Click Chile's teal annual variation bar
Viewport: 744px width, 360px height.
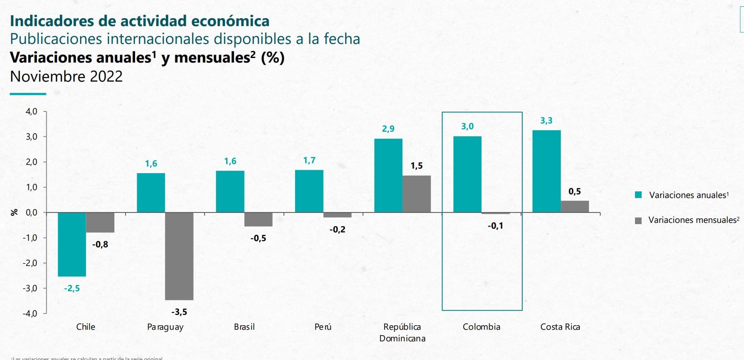click(x=72, y=244)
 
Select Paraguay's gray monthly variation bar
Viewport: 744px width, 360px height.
click(x=179, y=256)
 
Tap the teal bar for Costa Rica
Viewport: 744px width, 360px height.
click(x=546, y=171)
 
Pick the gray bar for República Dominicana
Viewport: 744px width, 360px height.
click(x=417, y=194)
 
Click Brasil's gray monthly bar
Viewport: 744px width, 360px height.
click(x=258, y=220)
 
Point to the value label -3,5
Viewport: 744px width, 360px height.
click(x=179, y=312)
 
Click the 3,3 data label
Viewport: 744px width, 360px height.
click(x=546, y=121)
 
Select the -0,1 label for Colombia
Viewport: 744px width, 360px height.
click(x=495, y=226)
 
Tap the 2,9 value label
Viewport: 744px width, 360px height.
click(x=388, y=129)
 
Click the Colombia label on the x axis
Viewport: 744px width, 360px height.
click(x=481, y=327)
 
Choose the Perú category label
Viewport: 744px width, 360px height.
click(x=323, y=327)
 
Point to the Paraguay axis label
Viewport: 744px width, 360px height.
click(x=165, y=327)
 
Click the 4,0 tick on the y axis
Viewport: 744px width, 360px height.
click(x=32, y=111)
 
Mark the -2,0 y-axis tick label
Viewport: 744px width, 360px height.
click(x=30, y=263)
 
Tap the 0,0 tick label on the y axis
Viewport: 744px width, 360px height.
click(x=32, y=213)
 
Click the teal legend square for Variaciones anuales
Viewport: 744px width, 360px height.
click(x=638, y=195)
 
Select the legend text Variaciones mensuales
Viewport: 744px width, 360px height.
click(x=692, y=220)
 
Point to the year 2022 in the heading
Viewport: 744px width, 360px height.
click(x=106, y=76)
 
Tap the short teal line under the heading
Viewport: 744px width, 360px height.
click(x=28, y=94)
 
